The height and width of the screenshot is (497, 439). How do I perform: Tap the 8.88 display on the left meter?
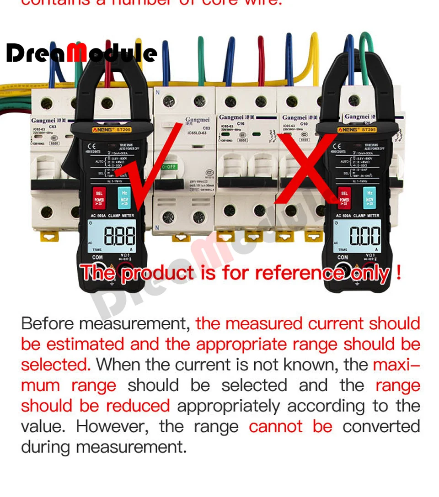click(120, 237)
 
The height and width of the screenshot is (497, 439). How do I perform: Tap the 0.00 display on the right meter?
click(364, 237)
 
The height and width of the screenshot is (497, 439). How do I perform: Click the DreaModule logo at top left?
click(81, 53)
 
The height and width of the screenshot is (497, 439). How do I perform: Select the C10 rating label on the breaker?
click(304, 124)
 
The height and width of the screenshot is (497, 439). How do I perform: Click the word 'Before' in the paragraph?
click(48, 323)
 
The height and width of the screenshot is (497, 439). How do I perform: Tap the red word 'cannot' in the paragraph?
click(275, 426)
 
